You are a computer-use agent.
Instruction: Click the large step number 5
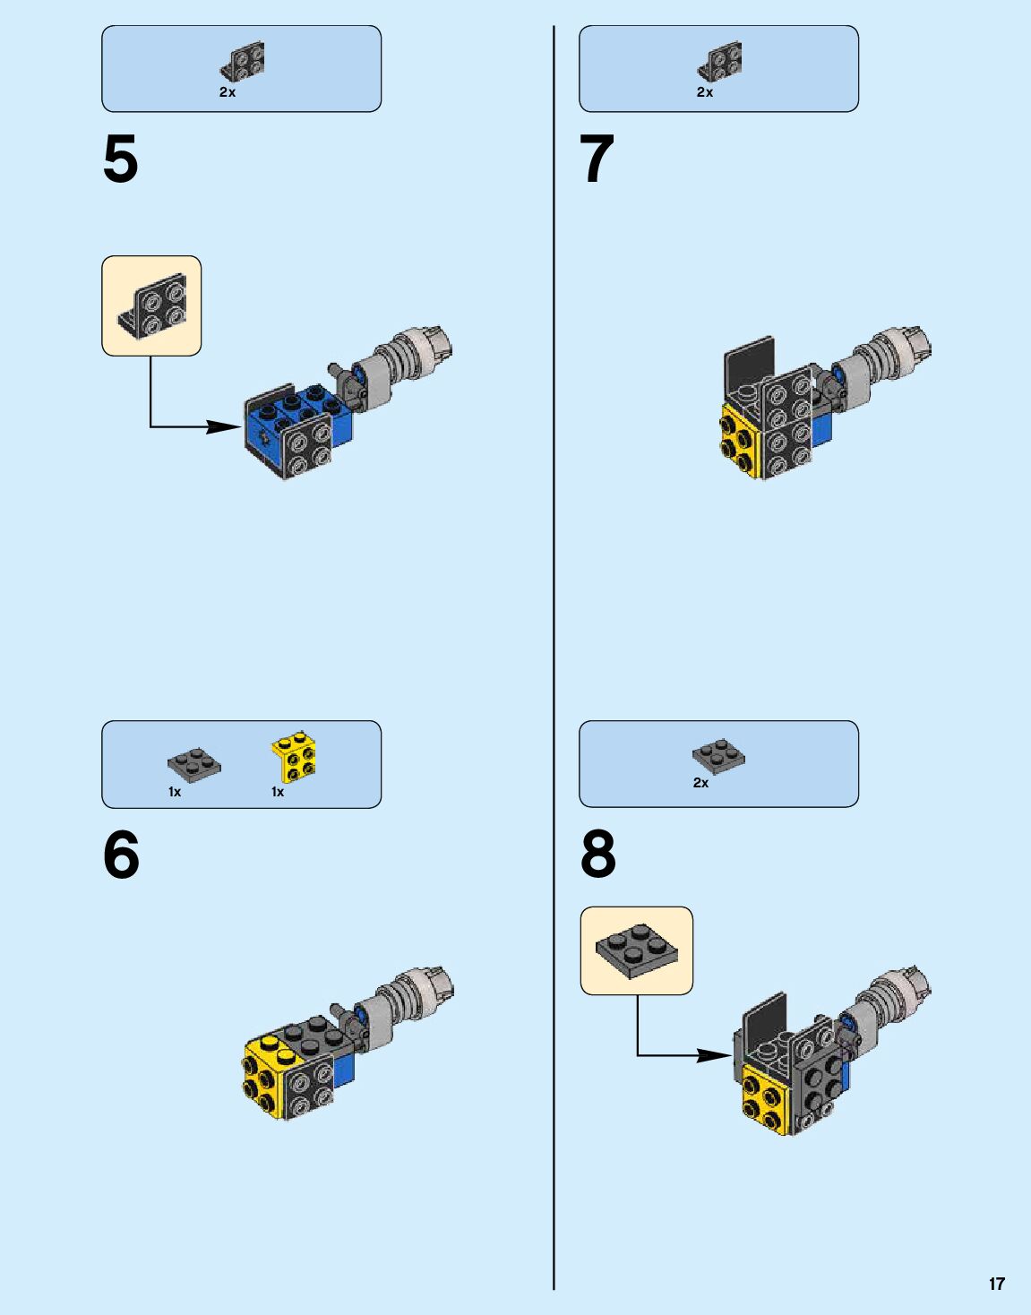click(x=121, y=160)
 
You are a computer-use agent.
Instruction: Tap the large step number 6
click(x=121, y=855)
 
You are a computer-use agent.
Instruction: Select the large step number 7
click(x=597, y=160)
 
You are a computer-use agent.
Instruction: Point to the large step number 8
click(x=598, y=855)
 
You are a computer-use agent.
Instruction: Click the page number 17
click(x=996, y=1284)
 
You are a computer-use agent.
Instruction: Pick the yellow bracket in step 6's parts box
click(x=295, y=757)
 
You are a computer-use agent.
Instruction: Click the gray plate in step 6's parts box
click(x=194, y=764)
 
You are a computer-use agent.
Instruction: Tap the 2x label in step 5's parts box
click(x=228, y=92)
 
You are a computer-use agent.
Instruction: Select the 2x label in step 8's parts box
click(x=700, y=783)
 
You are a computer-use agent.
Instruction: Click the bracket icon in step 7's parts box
click(x=719, y=62)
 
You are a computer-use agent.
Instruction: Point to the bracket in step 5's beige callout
click(x=153, y=306)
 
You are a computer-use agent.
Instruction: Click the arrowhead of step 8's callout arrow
click(x=717, y=1055)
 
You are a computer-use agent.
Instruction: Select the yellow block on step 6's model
click(x=266, y=1075)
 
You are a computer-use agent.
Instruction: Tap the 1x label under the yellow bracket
click(x=278, y=792)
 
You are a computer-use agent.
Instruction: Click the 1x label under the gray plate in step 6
click(x=175, y=792)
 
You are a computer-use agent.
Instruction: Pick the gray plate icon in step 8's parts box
click(x=718, y=756)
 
